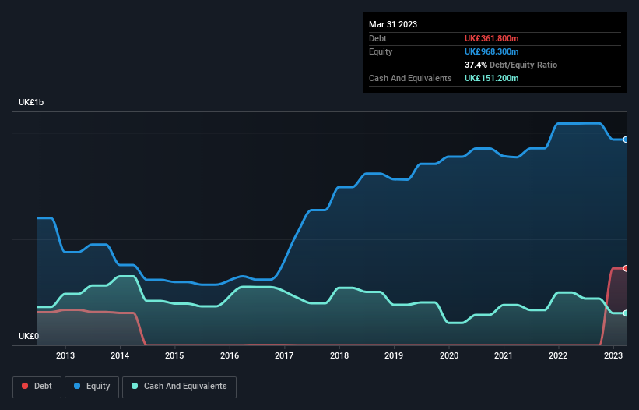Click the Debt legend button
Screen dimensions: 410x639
[36, 387]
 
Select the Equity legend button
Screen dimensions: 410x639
[92, 387]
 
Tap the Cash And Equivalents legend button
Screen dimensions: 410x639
[179, 387]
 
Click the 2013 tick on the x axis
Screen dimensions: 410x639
[65, 355]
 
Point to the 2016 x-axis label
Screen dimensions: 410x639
[230, 355]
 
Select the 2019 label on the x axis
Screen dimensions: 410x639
[394, 355]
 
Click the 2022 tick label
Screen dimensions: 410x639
[558, 355]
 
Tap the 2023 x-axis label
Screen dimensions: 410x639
[613, 355]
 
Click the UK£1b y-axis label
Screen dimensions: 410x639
[32, 103]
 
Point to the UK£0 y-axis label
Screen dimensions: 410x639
[29, 337]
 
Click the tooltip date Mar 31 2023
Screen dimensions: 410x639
[393, 24]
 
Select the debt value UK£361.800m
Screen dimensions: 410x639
[491, 38]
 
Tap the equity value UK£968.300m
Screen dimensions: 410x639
[491, 51]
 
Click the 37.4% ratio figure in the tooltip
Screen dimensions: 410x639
[476, 65]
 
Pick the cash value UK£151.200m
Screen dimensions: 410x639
[491, 79]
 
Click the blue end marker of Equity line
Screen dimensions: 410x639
[626, 140]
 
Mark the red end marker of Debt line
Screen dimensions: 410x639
[626, 268]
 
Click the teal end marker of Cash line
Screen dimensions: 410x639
[626, 313]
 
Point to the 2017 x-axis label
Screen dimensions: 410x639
[285, 355]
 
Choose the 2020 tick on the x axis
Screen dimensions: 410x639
[449, 355]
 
